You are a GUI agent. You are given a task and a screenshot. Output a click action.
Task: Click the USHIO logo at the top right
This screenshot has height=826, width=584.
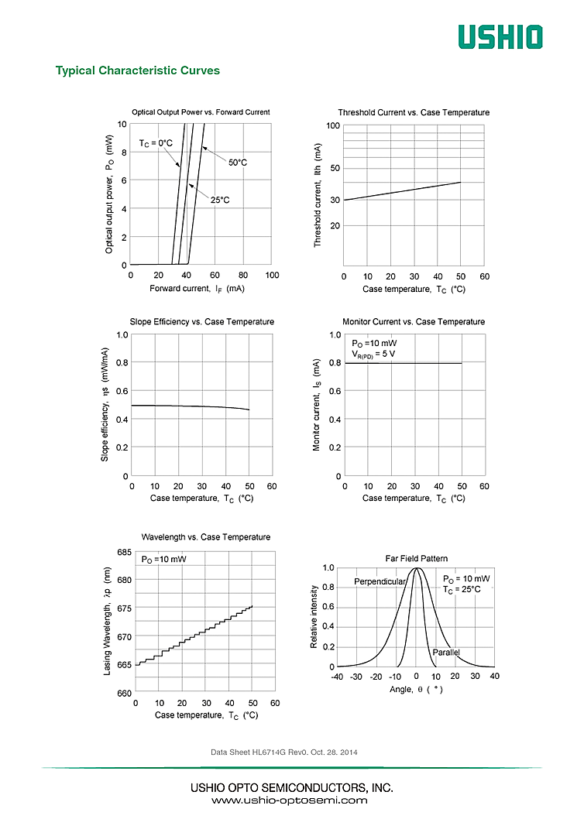pyautogui.click(x=500, y=36)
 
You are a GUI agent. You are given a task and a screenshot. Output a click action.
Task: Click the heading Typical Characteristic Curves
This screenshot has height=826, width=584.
pyautogui.click(x=138, y=70)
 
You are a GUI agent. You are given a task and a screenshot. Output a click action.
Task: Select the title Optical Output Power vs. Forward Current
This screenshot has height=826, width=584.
pyautogui.click(x=201, y=112)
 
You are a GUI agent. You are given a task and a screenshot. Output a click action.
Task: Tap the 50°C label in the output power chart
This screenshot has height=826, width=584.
pyautogui.click(x=238, y=163)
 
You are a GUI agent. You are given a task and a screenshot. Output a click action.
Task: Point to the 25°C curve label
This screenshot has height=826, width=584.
pyautogui.click(x=220, y=200)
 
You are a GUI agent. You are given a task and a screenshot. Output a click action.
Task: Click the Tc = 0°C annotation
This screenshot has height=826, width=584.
pyautogui.click(x=156, y=143)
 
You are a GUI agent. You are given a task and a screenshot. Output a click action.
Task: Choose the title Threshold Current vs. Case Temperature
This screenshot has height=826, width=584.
pyautogui.click(x=414, y=112)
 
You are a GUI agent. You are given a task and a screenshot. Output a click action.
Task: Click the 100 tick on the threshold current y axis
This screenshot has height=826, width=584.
pyautogui.click(x=333, y=125)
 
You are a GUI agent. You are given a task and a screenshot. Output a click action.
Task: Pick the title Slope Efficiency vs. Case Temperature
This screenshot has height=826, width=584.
pyautogui.click(x=201, y=322)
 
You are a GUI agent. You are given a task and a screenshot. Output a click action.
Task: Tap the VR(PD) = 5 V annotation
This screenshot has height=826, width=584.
pyautogui.click(x=373, y=355)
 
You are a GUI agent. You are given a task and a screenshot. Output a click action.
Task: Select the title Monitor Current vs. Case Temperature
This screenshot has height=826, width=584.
pyautogui.click(x=414, y=322)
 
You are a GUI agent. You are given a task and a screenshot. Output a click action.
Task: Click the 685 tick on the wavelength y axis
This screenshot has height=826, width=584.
pyautogui.click(x=123, y=552)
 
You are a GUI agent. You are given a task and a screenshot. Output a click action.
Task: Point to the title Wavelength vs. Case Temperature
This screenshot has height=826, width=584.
pyautogui.click(x=205, y=536)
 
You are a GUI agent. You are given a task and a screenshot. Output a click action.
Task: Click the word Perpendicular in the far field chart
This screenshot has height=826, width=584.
pyautogui.click(x=380, y=581)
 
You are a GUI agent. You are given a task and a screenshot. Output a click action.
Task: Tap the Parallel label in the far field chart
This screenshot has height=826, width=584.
pyautogui.click(x=446, y=653)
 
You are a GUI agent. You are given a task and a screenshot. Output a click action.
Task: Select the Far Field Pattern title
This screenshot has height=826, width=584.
pyautogui.click(x=417, y=558)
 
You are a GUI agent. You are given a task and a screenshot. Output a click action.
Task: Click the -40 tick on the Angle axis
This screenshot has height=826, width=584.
pyautogui.click(x=337, y=677)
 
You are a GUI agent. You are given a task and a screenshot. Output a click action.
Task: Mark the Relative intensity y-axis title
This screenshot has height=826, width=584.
pyautogui.click(x=314, y=617)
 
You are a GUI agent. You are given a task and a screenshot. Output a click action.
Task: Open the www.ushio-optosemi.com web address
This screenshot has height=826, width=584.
pyautogui.click(x=290, y=800)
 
